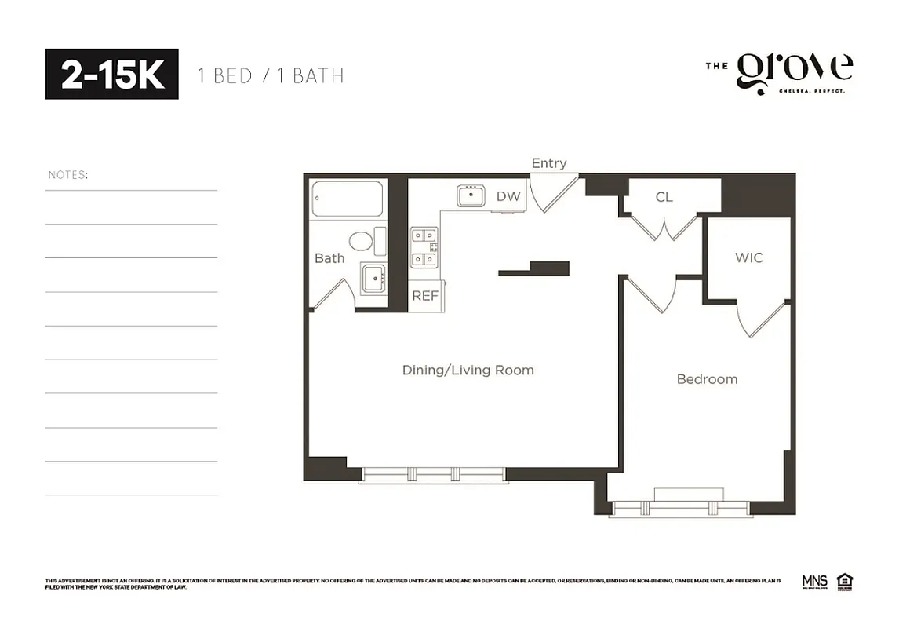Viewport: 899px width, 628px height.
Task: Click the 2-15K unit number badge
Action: click(111, 75)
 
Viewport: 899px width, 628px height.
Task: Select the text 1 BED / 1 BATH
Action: click(271, 76)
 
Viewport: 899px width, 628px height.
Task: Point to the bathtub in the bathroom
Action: click(348, 199)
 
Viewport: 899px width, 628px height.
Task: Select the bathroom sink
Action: click(374, 279)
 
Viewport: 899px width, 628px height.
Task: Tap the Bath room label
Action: click(329, 258)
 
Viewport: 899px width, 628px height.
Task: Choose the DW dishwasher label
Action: click(508, 196)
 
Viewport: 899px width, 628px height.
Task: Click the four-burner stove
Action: click(424, 246)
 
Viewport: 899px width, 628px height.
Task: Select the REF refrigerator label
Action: click(425, 296)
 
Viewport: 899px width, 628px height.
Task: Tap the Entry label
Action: click(549, 163)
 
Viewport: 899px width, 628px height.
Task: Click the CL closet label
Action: click(664, 197)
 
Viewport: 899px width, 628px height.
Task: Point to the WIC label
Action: click(748, 257)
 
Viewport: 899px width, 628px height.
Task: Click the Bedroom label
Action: click(707, 379)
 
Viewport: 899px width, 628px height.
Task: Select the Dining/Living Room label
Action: click(468, 370)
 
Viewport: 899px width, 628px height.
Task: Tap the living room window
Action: click(433, 474)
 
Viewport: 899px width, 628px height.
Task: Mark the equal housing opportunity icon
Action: click(846, 582)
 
